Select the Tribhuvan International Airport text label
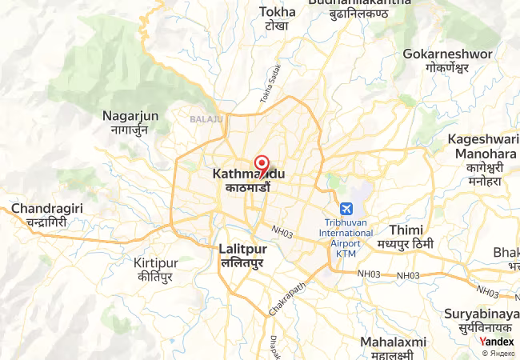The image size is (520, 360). tap(346, 233)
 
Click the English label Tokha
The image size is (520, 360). tap(278, 12)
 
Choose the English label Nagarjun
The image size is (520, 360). tap(130, 116)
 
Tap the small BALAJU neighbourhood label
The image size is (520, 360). tap(206, 119)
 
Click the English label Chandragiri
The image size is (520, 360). tap(45, 209)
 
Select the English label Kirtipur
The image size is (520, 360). tap(156, 263)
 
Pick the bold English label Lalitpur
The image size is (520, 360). tap(243, 249)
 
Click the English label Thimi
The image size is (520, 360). tap(406, 230)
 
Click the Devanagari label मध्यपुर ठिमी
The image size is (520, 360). tap(406, 244)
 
